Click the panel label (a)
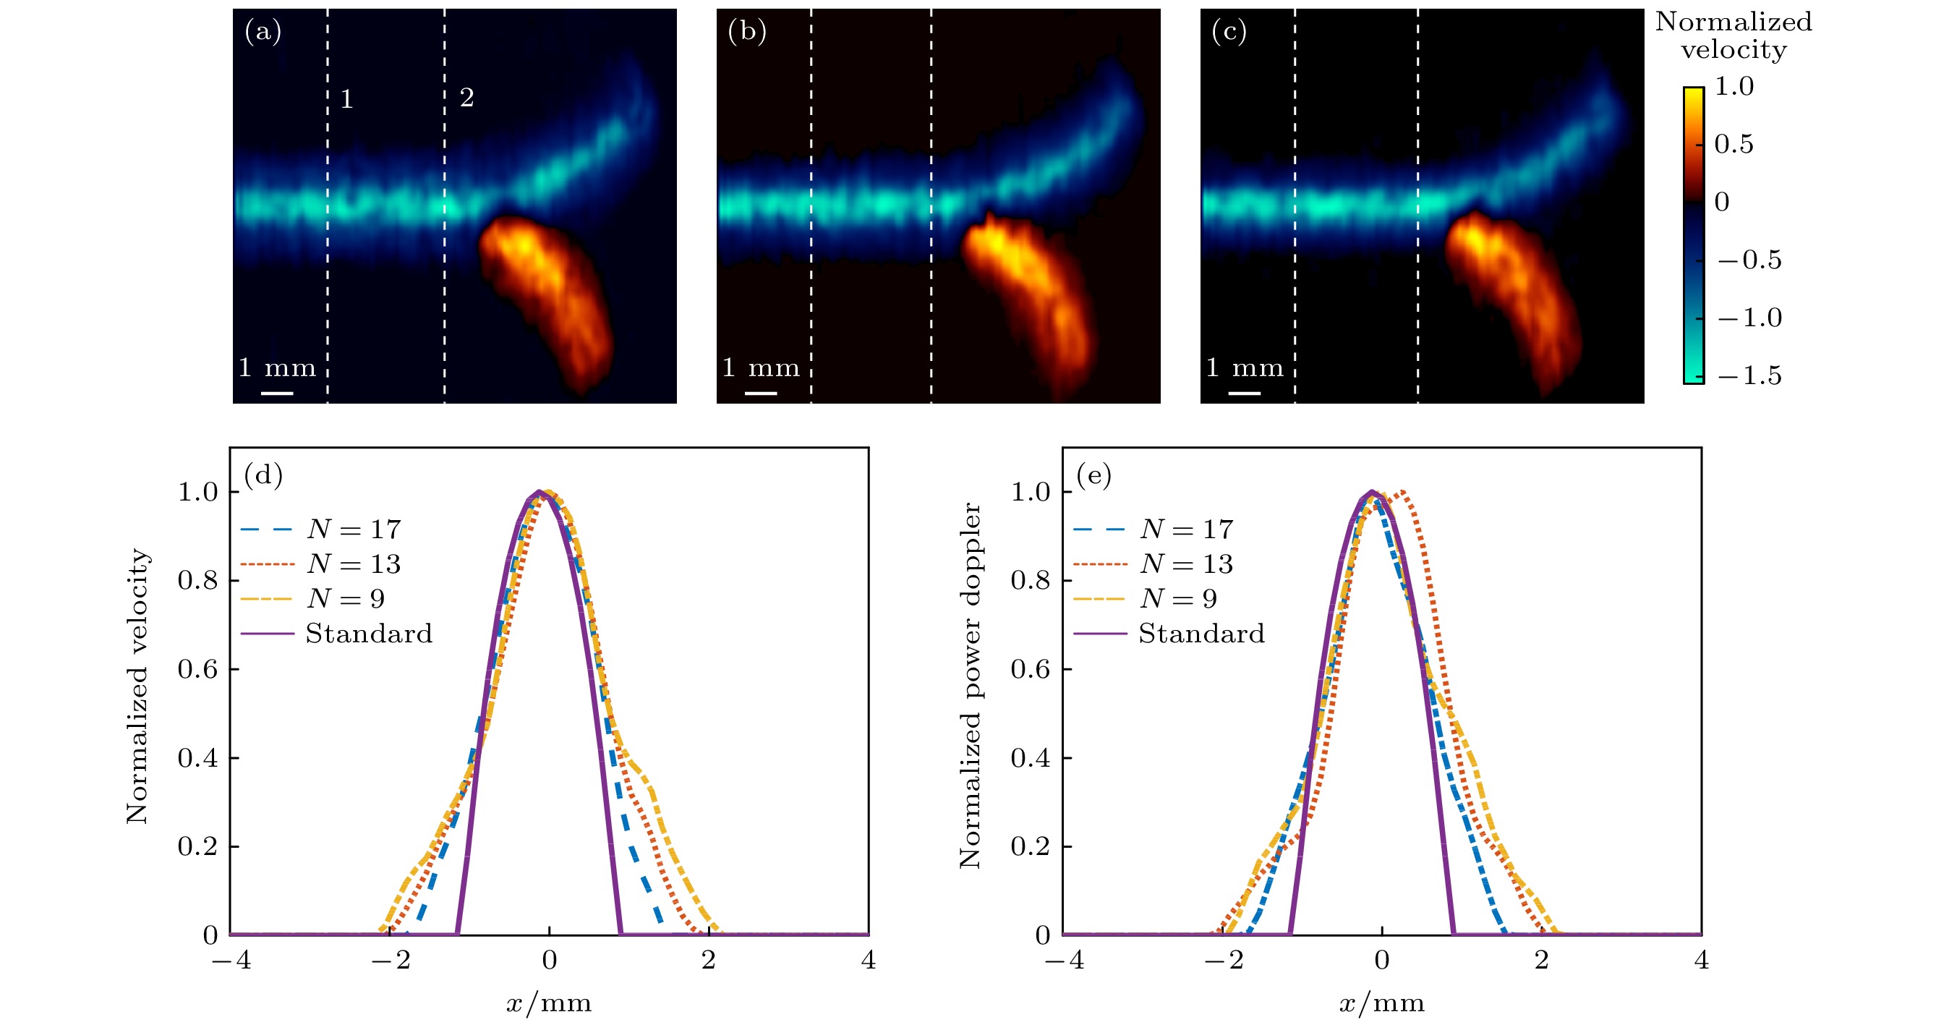point(263,32)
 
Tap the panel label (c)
point(1229,32)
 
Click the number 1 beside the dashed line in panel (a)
point(346,98)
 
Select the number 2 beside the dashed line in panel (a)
point(466,97)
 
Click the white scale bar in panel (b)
point(761,392)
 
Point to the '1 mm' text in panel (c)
point(1245,367)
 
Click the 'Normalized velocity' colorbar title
point(1733,35)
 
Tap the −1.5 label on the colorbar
point(1749,375)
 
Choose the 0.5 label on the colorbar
point(1734,143)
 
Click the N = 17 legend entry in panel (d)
point(353,529)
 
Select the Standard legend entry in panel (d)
point(368,634)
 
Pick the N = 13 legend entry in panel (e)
point(1186,563)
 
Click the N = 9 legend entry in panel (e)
point(1177,598)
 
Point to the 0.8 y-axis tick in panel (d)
point(197,580)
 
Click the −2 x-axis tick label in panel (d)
point(391,960)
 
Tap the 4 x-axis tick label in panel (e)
point(1702,960)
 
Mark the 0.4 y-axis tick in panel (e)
point(1031,757)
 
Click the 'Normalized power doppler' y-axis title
point(971,685)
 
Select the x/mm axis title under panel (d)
point(549,1003)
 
